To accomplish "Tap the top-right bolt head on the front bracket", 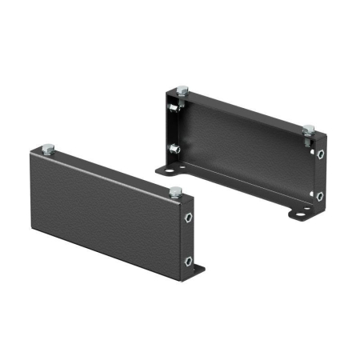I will (175, 190).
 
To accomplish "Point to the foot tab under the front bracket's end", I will (199, 270).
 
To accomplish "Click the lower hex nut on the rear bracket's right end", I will (319, 194).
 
